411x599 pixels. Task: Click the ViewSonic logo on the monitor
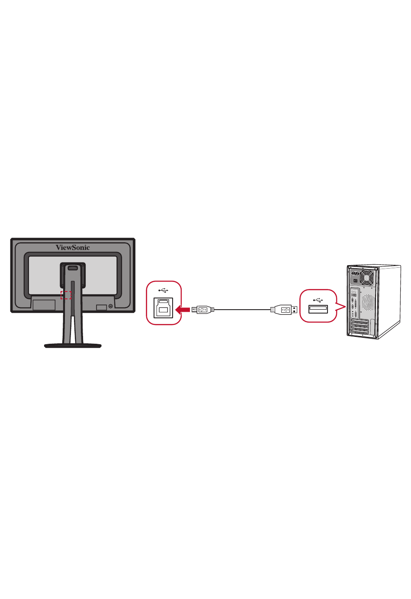pos(73,247)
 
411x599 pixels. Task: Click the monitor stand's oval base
pos(73,346)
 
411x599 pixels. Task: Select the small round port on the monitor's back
pos(110,306)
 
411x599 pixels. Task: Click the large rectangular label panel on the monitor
pos(44,305)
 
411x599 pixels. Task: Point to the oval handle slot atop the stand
pos(73,268)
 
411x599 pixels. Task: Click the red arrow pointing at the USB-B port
pos(183,310)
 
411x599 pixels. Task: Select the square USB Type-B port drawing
pos(163,308)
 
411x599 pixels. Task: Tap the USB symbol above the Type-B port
pos(163,290)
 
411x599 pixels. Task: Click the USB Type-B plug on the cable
pos(203,310)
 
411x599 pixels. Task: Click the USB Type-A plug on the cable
pos(284,310)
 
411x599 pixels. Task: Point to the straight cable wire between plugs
pos(242,310)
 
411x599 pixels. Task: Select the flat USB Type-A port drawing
pos(318,309)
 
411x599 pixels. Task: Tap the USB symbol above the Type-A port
pos(318,300)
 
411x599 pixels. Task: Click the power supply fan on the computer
pos(367,278)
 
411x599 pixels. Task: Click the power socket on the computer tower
pos(355,273)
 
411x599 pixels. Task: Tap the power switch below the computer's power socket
pos(356,281)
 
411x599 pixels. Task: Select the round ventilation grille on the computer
pos(368,301)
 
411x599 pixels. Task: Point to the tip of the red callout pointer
pos(346,307)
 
